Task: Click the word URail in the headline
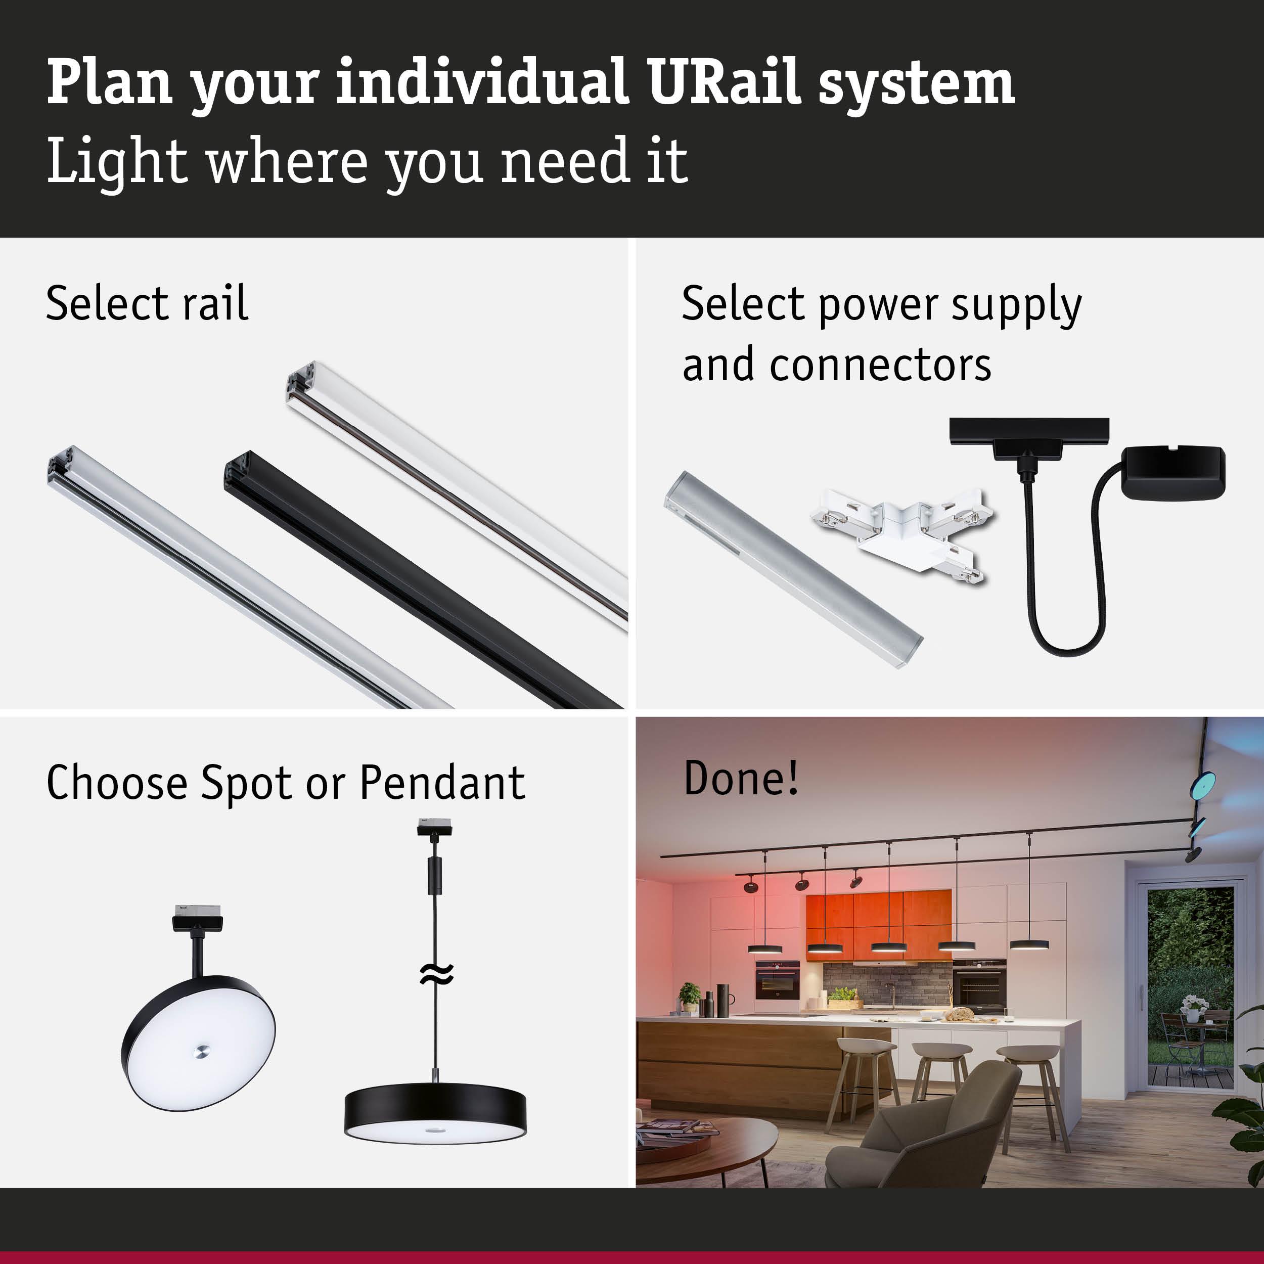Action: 724,83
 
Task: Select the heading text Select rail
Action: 147,303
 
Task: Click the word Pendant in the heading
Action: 442,783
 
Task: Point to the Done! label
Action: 741,778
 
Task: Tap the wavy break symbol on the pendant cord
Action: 436,975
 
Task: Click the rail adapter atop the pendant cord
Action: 434,828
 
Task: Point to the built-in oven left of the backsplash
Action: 777,979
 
